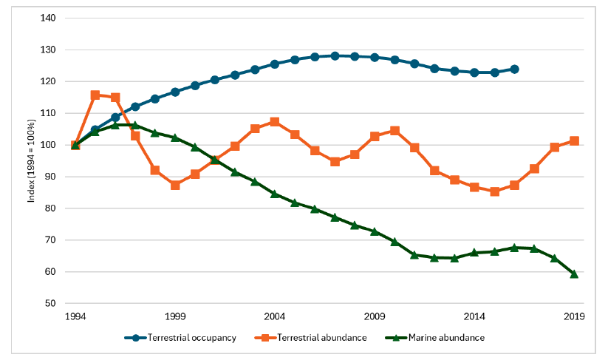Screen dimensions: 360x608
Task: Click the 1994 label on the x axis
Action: coord(75,316)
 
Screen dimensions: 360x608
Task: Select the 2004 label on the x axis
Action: coord(275,316)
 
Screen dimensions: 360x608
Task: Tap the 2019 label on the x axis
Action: coord(574,316)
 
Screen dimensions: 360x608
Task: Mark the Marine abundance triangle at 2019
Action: coord(574,274)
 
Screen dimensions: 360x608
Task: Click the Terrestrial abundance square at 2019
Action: coord(574,141)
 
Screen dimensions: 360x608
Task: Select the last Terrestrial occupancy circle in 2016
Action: coord(514,69)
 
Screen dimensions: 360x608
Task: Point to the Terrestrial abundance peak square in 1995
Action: coord(95,95)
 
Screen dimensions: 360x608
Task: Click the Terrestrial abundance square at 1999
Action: coord(175,185)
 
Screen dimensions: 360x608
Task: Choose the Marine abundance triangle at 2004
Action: coord(275,194)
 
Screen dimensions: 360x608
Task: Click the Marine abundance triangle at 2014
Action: coord(474,253)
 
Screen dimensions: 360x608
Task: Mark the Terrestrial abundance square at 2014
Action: coord(474,188)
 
